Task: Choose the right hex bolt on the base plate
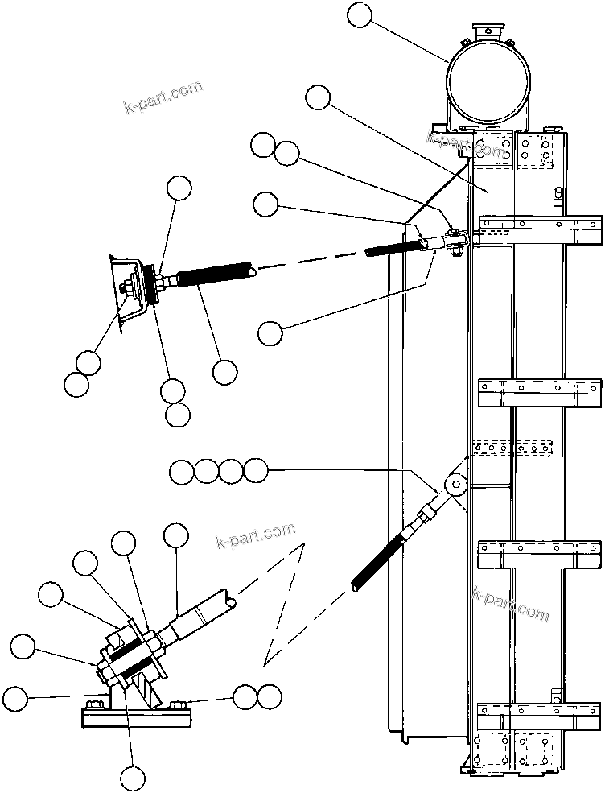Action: (180, 707)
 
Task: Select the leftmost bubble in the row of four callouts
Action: (183, 472)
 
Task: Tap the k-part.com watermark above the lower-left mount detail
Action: (256, 534)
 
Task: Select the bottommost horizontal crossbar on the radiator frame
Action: (540, 713)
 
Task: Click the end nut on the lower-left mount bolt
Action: (105, 667)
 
